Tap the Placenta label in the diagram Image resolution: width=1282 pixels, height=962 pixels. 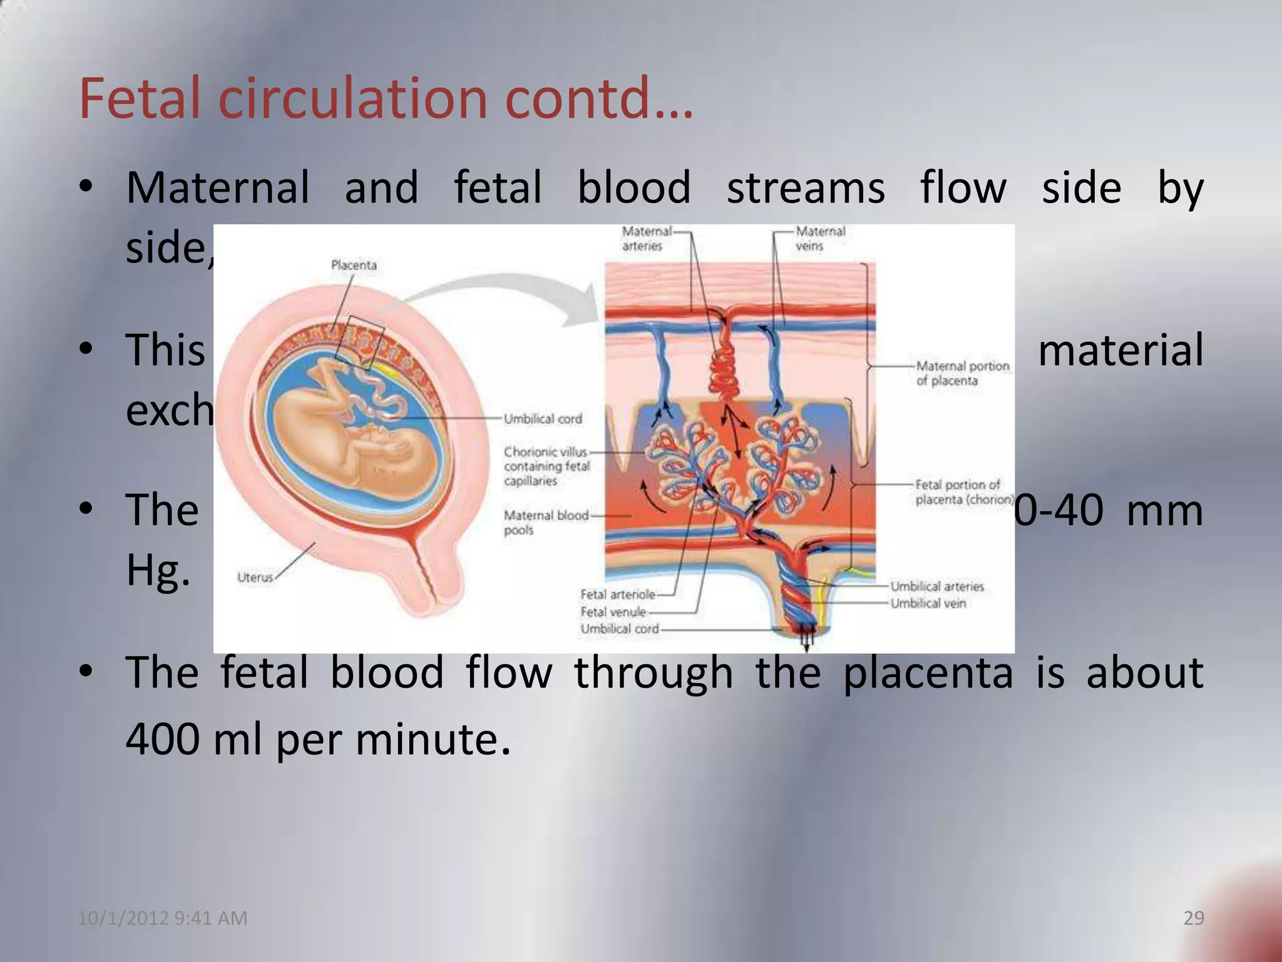(x=354, y=266)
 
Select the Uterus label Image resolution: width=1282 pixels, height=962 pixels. (x=255, y=577)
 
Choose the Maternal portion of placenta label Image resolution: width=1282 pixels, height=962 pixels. (x=962, y=373)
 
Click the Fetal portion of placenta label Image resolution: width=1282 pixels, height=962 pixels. (x=963, y=492)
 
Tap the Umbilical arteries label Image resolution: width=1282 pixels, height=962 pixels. (x=937, y=586)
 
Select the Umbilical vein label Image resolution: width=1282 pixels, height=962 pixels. (x=928, y=603)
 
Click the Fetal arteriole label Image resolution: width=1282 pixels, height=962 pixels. (x=617, y=594)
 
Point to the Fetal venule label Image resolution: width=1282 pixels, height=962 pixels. (x=613, y=611)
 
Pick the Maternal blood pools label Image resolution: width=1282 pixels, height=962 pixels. (x=545, y=522)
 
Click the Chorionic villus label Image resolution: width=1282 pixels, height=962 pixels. (x=545, y=466)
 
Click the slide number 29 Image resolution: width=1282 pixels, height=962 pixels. (x=1193, y=918)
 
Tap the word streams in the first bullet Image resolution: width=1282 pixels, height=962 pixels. (x=805, y=188)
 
